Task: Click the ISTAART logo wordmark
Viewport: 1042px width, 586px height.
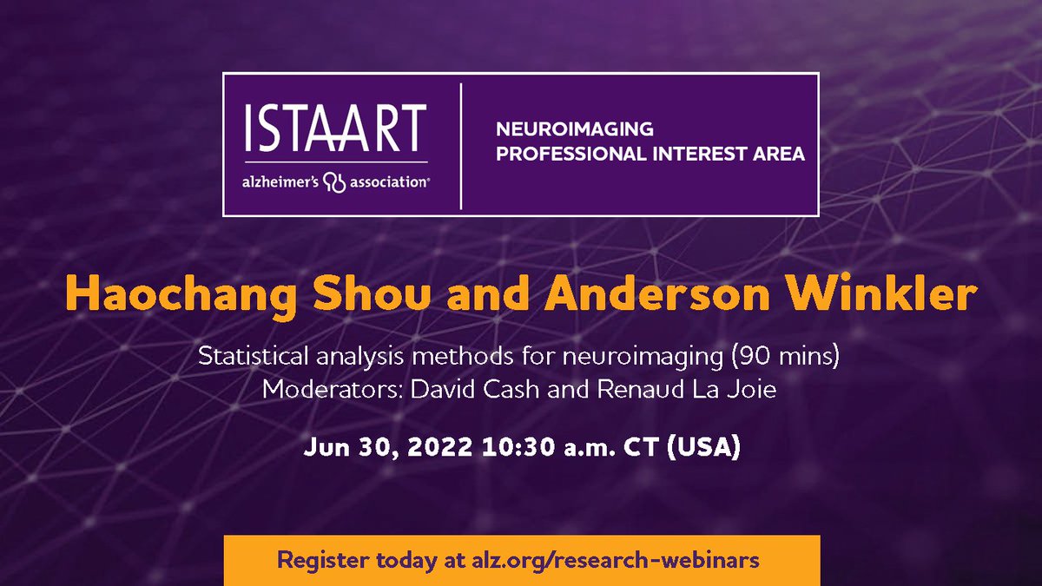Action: (x=334, y=128)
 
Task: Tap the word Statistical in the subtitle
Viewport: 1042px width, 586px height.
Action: (x=252, y=357)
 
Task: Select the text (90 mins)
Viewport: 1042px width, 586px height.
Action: (x=801, y=357)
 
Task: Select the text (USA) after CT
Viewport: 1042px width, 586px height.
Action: (x=709, y=451)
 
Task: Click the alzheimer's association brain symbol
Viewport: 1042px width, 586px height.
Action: (x=334, y=183)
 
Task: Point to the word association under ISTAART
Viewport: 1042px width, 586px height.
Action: (x=388, y=183)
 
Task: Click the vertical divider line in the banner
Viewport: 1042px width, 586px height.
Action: (x=461, y=145)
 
